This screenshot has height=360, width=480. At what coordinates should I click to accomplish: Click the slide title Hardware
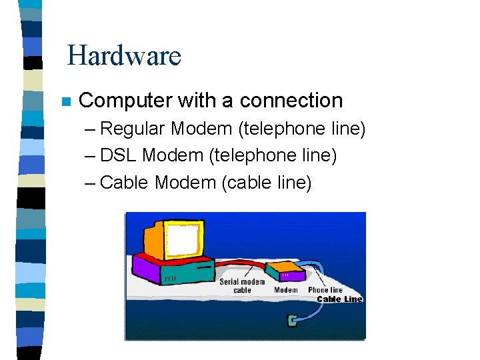coord(124,55)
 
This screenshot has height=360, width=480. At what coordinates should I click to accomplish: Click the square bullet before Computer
coord(65,102)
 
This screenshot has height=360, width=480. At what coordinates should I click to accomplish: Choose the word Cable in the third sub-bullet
coord(125,182)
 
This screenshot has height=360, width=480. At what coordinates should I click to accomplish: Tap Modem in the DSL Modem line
coord(173,155)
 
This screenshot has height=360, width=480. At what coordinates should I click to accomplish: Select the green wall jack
coord(291,321)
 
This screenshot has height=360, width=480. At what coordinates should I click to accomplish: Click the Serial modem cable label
coord(242,286)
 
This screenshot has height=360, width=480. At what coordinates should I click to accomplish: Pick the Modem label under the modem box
coord(286,290)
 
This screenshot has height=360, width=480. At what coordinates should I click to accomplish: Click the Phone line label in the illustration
coord(325,290)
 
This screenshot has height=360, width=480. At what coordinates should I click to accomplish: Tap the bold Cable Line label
coord(339,299)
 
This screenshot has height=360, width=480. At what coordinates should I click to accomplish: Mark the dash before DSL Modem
coord(91,156)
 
